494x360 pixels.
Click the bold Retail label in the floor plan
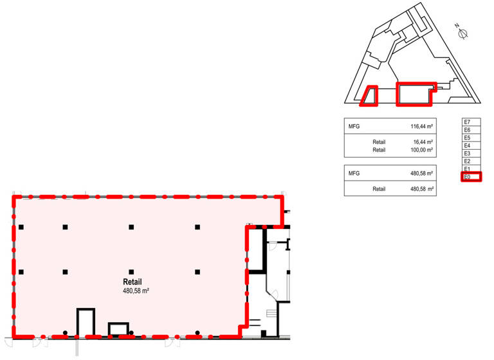133,282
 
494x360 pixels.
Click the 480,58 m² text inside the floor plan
136,291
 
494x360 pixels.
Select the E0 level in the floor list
471,177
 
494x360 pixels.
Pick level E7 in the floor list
471,122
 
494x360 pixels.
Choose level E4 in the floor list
471,145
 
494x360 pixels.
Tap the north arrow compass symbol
462,32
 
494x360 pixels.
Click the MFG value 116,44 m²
421,127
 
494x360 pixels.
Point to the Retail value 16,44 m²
423,142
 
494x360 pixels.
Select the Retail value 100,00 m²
421,150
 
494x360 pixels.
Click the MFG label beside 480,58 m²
354,173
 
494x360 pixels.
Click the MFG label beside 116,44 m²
354,127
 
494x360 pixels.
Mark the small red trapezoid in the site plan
369,96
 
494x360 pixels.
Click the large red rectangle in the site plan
416,94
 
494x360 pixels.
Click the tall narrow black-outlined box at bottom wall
86,321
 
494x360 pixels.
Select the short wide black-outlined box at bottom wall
118,329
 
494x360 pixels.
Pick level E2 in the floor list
471,161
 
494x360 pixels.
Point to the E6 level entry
471,130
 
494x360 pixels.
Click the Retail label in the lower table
379,189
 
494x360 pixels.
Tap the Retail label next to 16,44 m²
379,142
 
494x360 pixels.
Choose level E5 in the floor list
471,138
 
